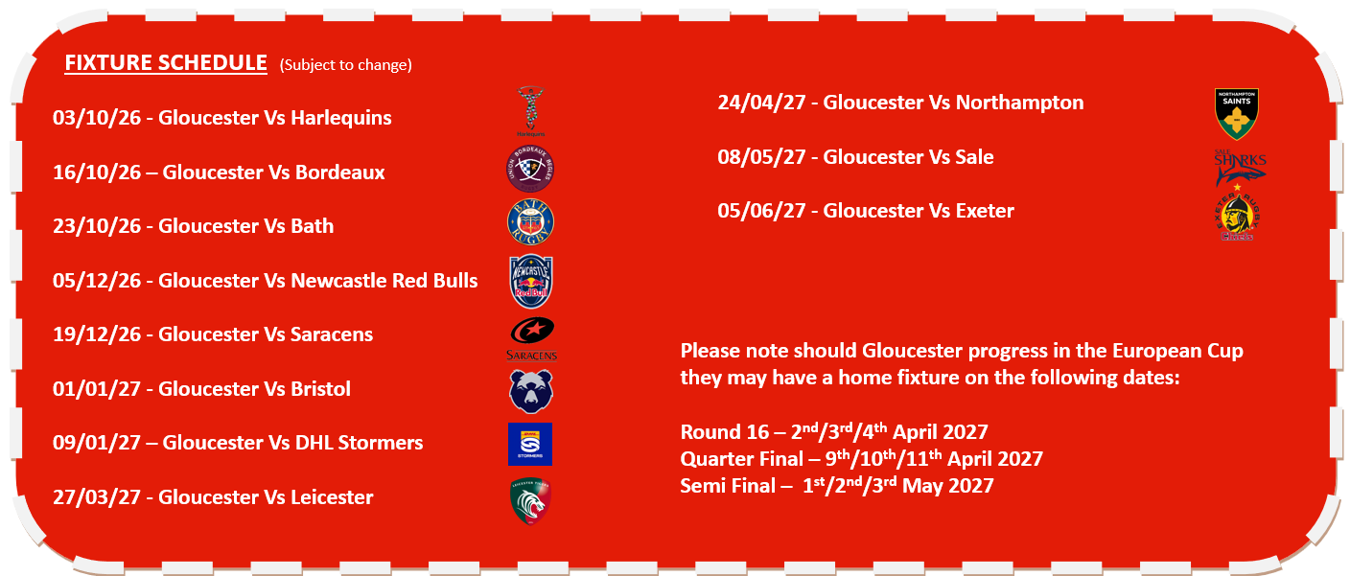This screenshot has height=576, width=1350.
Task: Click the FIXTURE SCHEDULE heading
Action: tap(166, 62)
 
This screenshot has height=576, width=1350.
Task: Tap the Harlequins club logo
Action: tap(530, 111)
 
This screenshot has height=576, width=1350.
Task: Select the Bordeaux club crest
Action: tap(530, 169)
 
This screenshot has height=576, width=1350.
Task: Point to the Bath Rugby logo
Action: tap(530, 221)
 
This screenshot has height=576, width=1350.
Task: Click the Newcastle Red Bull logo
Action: tap(530, 282)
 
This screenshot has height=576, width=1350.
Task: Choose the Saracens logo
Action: tap(531, 338)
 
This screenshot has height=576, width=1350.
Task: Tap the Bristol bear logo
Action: tap(530, 391)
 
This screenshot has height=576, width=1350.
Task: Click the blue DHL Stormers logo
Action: tap(530, 444)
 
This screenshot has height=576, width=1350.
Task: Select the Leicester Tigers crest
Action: tap(530, 500)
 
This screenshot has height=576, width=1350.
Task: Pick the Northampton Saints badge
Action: tap(1237, 114)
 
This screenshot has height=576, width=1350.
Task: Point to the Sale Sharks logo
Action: tap(1240, 168)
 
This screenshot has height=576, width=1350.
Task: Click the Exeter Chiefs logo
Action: tap(1237, 215)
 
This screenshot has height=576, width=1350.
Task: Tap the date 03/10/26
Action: tap(97, 118)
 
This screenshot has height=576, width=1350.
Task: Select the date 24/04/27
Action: tap(762, 103)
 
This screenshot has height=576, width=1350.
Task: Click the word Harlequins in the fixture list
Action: tap(341, 118)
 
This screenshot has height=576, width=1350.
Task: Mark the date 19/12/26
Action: tap(97, 334)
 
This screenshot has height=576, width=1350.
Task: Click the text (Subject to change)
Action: tap(346, 65)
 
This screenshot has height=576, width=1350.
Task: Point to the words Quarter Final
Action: tap(742, 459)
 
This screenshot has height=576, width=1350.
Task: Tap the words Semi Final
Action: tap(728, 486)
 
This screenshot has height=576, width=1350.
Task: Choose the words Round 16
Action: tap(725, 432)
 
